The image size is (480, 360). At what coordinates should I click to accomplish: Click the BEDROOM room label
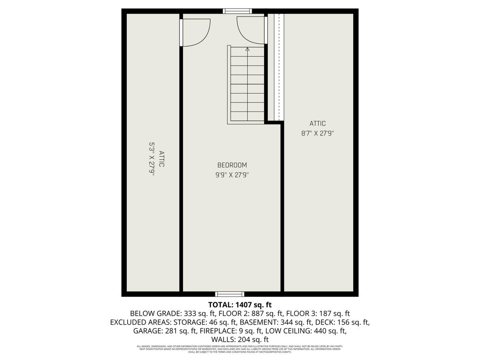tap(232, 165)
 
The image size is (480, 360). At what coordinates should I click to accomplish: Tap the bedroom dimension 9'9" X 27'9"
tap(232, 175)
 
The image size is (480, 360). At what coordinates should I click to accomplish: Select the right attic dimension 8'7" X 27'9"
tap(317, 133)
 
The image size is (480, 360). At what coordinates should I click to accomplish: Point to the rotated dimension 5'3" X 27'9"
tap(151, 159)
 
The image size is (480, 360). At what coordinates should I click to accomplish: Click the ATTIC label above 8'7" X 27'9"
tap(317, 124)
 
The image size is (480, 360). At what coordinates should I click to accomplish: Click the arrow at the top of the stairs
tap(248, 49)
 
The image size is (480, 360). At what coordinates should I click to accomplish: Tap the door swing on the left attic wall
tap(195, 31)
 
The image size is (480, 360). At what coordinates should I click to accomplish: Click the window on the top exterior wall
tap(237, 11)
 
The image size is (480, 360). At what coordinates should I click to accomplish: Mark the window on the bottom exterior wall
tap(230, 294)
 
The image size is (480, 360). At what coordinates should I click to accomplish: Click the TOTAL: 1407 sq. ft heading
tap(240, 305)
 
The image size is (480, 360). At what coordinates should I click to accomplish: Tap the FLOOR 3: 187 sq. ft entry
tap(318, 313)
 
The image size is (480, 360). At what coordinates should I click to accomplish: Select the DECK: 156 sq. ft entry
tap(343, 322)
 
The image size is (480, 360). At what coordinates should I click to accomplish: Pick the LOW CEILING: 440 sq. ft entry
tap(306, 331)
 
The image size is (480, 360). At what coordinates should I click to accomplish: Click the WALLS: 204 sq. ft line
tap(240, 340)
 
